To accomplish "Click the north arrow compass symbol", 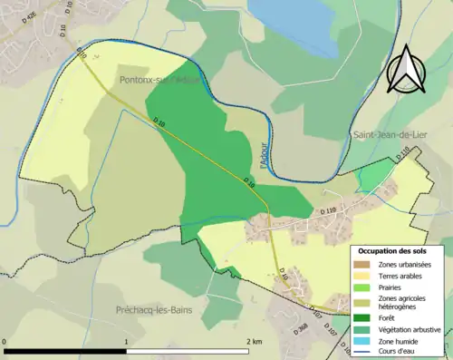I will (x=405, y=69).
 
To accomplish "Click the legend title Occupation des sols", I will (x=396, y=250).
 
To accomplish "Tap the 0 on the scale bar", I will (x=6, y=341).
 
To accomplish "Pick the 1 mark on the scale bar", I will (x=126, y=341).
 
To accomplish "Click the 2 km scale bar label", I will (x=254, y=341).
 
